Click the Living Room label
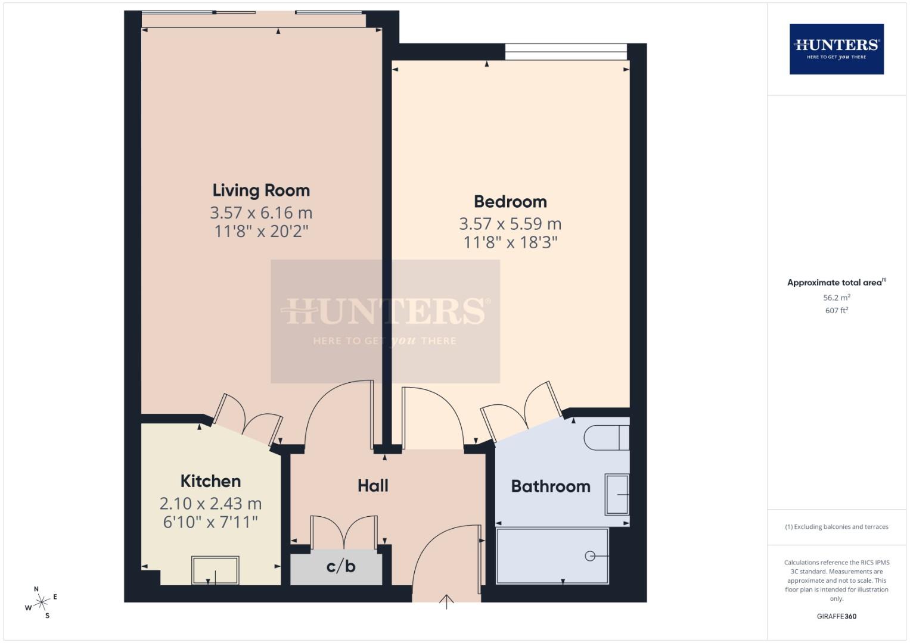pos(261,191)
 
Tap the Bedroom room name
pos(510,202)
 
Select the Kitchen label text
pos(210,481)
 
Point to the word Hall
pos(373,486)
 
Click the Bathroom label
pos(551,486)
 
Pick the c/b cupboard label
pos(341,566)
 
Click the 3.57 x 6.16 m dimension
pos(261,213)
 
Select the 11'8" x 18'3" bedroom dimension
pos(510,242)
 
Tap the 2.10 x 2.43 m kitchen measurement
pos(210,504)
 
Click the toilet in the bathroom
pos(605,438)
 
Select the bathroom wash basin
pos(617,494)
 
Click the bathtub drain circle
pos(590,556)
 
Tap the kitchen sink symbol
pos(215,570)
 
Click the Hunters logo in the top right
pos(836,49)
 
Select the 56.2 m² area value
pos(836,298)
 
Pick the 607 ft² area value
pos(836,311)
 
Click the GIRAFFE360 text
pos(836,616)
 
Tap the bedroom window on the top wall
pos(566,51)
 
